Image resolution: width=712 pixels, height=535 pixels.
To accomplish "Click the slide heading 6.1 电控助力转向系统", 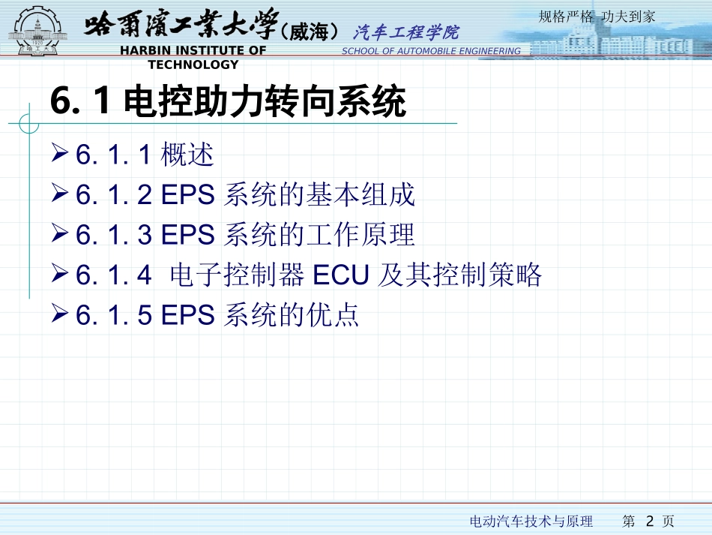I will coord(228,102).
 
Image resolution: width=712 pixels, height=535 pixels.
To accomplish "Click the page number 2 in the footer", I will coord(650,521).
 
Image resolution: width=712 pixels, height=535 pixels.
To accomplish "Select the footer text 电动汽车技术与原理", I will coord(531,521).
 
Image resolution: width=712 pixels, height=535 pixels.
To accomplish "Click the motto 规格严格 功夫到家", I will coord(597,17).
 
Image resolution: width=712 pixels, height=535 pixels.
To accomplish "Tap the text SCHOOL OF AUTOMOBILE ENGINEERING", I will coord(431,51).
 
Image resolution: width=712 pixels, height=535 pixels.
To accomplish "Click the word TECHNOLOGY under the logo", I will coord(193,65).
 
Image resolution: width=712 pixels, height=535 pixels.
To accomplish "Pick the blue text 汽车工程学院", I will coord(405,32).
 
